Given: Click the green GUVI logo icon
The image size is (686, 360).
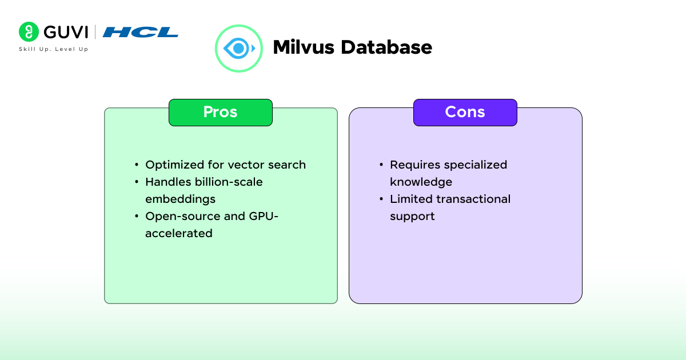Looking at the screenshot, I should [29, 32].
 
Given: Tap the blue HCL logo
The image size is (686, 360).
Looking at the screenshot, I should [141, 32].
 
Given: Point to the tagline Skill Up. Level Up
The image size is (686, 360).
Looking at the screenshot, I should [53, 49].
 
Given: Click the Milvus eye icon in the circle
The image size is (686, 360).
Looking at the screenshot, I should [238, 48].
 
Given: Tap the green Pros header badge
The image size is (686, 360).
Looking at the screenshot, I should [220, 112].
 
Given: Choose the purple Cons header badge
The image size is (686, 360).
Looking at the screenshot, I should [465, 112].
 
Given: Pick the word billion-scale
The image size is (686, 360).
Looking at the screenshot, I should [229, 182].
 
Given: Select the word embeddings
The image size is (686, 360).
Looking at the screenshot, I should [180, 199].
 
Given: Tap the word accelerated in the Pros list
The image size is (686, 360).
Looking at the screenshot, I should [179, 233].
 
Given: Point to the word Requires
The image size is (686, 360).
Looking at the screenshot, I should [413, 165].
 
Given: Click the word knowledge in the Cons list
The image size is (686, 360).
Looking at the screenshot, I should [421, 182].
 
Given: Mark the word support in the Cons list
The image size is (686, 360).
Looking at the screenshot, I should [412, 216].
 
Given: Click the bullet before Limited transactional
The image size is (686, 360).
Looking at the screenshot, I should [381, 199].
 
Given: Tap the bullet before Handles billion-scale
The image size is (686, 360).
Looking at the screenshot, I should [137, 182].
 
